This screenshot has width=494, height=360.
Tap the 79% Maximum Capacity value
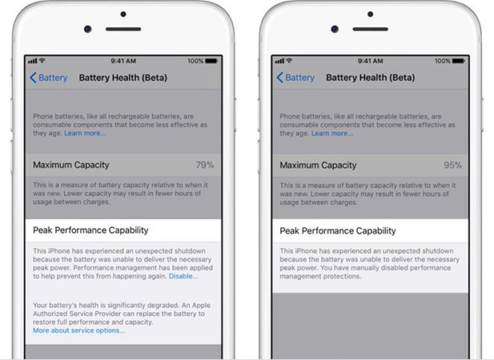[x=205, y=165]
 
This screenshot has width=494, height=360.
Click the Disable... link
[x=183, y=276]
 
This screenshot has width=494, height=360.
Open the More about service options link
[x=79, y=330]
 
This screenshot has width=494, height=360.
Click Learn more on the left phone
[x=85, y=133]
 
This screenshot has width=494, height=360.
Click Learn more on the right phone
[x=331, y=133]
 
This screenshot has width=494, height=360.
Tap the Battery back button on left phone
[x=49, y=78]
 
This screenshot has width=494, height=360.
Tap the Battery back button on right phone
[x=295, y=78]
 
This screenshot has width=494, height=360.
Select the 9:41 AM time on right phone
[x=371, y=61]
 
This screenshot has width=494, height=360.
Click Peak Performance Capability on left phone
[x=91, y=230]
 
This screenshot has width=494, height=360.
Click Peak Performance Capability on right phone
[x=338, y=230]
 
